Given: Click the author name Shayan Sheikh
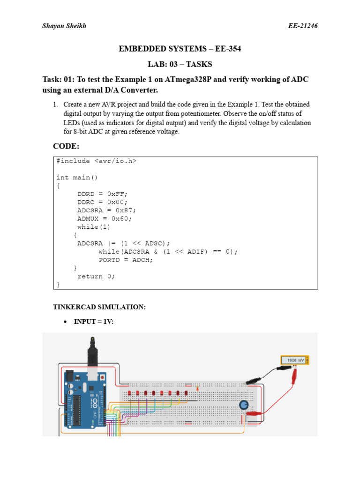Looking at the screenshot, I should (x=64, y=26).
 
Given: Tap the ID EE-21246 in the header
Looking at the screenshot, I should (x=303, y=26).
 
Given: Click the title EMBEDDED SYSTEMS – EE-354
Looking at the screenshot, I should (x=180, y=49).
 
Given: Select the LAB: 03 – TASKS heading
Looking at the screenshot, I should (x=180, y=64).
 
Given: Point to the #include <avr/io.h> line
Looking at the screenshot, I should (x=96, y=161).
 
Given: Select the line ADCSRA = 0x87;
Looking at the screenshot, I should (x=106, y=210).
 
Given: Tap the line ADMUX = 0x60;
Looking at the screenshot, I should (x=104, y=218).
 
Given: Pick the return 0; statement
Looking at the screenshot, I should (x=96, y=276).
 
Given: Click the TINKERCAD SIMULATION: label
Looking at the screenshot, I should (x=99, y=307).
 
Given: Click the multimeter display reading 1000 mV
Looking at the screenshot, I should (x=295, y=360).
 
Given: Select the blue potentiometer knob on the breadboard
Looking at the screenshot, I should (x=244, y=405).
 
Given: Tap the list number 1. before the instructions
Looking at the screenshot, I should (x=56, y=104).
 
